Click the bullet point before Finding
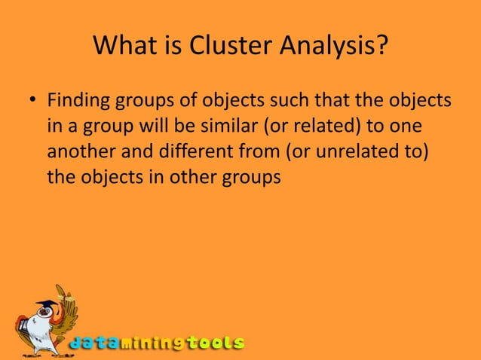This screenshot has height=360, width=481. pos(32,101)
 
